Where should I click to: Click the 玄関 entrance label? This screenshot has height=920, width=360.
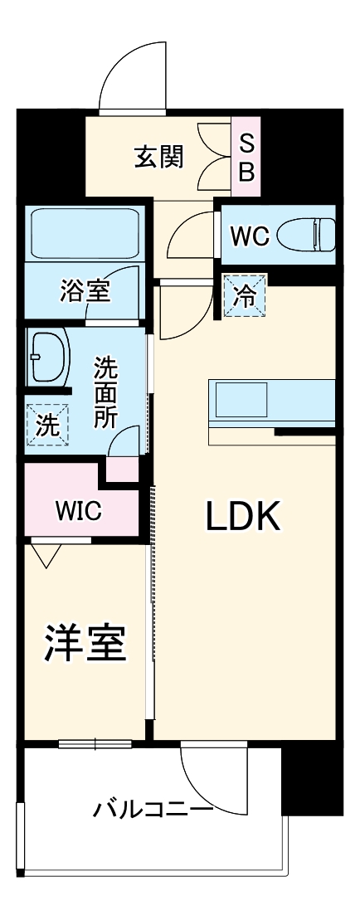(x=159, y=157)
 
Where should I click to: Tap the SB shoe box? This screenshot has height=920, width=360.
(x=247, y=157)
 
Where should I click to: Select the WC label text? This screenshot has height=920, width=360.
(x=249, y=236)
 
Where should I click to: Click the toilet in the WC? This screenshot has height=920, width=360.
(x=304, y=235)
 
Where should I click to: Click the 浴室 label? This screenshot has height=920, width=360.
(x=85, y=290)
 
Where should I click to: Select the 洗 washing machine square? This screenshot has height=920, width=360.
(x=48, y=426)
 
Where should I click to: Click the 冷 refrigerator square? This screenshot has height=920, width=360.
(x=245, y=296)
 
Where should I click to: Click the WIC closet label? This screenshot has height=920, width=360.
(x=78, y=511)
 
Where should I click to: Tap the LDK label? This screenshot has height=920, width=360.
(x=244, y=517)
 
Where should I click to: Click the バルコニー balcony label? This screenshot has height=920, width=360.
(x=153, y=807)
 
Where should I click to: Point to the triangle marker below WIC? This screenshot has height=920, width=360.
(x=46, y=554)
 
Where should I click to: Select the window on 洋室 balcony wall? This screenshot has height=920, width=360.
(x=95, y=743)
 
